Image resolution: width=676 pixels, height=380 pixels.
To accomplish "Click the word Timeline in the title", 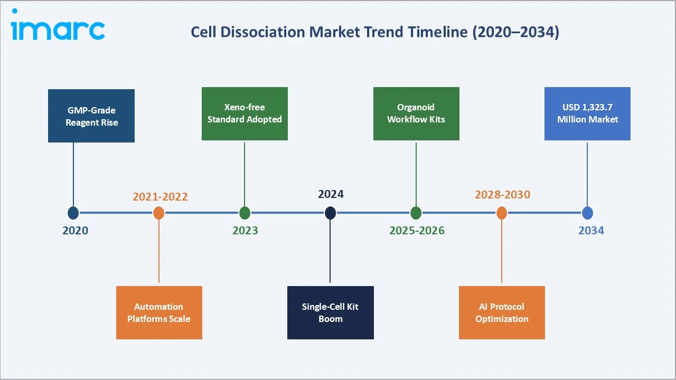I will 438,32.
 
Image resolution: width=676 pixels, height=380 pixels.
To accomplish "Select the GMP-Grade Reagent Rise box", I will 91,116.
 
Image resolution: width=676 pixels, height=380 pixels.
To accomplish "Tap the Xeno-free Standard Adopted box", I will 245,113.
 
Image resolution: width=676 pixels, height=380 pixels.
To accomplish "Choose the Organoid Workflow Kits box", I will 416,113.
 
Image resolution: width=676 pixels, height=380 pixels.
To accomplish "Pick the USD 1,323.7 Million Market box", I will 587,113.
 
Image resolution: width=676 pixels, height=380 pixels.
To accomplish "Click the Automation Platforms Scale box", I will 159,312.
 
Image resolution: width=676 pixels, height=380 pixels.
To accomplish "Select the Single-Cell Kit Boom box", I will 331,312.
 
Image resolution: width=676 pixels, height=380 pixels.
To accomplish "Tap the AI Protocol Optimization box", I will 502,312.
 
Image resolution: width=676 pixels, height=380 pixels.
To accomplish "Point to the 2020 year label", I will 76,231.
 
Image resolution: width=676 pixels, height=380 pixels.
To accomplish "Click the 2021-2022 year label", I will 160,197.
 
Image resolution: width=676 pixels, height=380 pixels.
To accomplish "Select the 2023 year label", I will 245,231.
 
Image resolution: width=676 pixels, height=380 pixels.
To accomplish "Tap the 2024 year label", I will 331,194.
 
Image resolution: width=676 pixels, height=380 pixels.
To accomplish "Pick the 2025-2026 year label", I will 417,231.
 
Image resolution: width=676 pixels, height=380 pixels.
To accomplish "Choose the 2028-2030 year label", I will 502,195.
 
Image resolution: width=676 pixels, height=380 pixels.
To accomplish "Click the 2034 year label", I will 591,231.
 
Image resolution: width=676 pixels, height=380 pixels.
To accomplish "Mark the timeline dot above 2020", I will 73,213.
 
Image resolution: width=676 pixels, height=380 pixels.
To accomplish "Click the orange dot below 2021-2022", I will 159,213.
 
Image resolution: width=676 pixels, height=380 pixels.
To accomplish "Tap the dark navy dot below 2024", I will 330,213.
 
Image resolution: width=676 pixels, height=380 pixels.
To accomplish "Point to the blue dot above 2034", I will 587,213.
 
